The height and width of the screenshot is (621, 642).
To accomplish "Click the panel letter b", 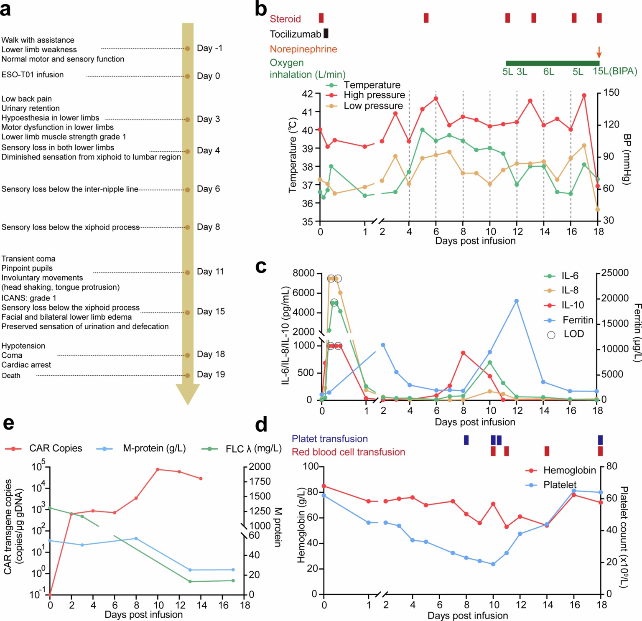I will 261,9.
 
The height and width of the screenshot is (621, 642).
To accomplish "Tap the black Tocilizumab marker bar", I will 326,33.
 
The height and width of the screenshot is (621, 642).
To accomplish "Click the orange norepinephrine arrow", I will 599,52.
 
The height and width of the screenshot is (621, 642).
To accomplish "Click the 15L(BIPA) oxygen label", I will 615,71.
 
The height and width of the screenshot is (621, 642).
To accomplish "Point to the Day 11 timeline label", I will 210,272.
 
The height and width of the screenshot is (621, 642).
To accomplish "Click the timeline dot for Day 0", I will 188,76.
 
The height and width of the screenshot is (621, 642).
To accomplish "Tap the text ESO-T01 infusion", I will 33,75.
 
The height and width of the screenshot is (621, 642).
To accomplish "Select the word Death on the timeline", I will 11,376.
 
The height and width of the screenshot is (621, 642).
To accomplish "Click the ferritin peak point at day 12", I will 517,301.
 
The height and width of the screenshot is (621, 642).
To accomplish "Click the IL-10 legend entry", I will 572,305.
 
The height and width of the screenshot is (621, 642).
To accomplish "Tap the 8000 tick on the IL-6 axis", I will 304,273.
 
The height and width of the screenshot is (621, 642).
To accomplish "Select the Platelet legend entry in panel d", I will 559,485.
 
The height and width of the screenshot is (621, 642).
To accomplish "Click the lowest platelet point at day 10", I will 493,564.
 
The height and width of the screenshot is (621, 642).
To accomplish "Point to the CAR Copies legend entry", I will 55,448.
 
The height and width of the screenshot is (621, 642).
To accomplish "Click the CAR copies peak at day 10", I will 158,469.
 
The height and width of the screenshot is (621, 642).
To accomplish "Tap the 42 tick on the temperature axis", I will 307,94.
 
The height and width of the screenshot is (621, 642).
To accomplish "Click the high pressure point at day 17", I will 584,95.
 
